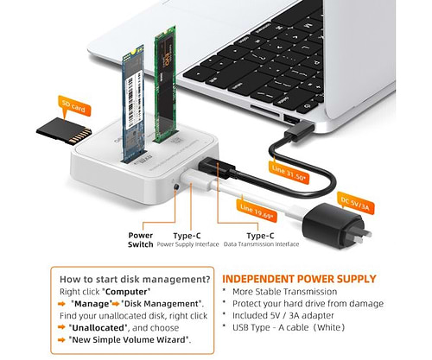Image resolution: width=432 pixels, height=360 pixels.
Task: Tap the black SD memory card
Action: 66,130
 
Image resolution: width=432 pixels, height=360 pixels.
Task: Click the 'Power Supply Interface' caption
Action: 201,244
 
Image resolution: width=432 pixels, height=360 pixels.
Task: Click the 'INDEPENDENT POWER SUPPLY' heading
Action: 300,279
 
